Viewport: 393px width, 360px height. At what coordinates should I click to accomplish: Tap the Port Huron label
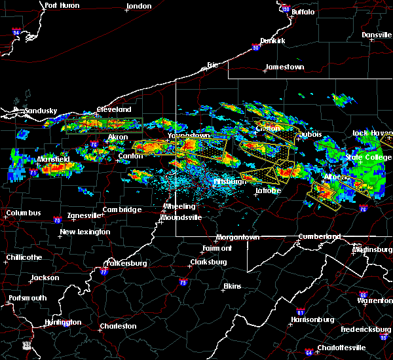[62, 5]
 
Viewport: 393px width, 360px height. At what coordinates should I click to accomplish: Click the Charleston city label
[118, 326]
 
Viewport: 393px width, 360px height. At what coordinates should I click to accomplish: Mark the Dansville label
[375, 34]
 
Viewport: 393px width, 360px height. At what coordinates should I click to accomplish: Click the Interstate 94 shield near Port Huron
[16, 31]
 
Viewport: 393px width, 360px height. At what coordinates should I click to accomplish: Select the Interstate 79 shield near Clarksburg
[182, 283]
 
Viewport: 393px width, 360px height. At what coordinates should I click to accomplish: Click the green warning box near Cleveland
[104, 124]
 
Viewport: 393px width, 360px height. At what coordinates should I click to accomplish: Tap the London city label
[139, 6]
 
